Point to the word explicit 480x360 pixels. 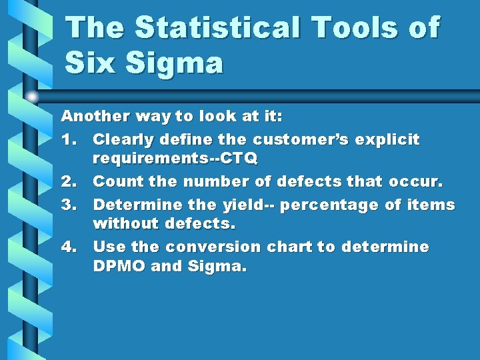pyautogui.click(x=393, y=140)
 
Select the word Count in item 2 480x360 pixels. pyautogui.click(x=114, y=181)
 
